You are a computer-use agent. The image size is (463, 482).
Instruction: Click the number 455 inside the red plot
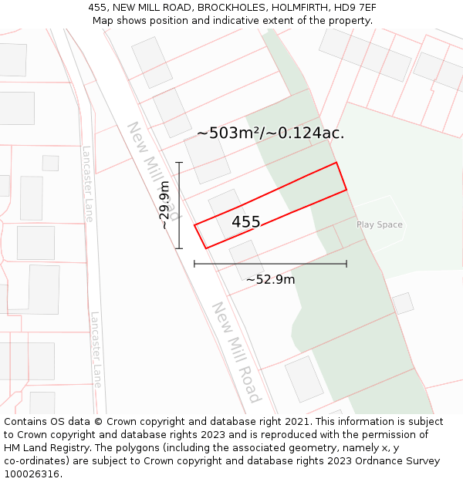click(x=246, y=222)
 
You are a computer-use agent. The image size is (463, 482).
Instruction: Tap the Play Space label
click(x=380, y=225)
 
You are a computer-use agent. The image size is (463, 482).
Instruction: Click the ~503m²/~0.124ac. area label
click(x=270, y=133)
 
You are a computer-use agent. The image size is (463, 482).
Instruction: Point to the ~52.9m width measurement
click(x=270, y=279)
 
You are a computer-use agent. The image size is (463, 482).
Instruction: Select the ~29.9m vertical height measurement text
click(x=164, y=205)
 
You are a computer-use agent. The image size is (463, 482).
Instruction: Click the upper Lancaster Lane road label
click(x=88, y=184)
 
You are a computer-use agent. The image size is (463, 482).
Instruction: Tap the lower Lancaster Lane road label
click(x=96, y=349)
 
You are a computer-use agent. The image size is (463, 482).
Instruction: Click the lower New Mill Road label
click(x=236, y=352)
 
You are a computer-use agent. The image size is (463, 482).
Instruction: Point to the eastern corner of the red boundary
click(x=346, y=189)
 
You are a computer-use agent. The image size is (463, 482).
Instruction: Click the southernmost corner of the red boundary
click(x=206, y=248)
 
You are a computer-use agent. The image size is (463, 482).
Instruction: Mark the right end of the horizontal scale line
click(x=346, y=264)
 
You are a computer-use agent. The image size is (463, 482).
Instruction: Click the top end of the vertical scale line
click(x=179, y=163)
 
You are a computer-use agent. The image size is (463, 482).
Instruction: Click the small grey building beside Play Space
click(x=402, y=303)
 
